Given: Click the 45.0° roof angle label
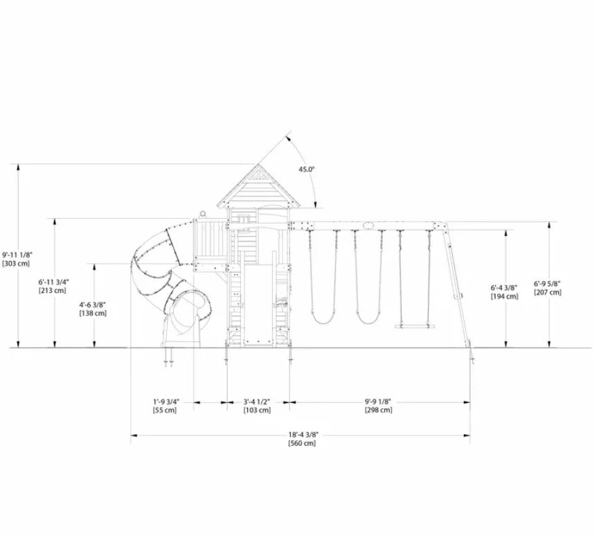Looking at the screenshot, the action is (x=307, y=170).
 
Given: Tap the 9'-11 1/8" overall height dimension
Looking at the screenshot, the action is (x=16, y=255).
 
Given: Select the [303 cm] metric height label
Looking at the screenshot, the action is (x=16, y=264).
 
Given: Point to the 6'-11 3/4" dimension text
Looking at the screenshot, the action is (x=53, y=282).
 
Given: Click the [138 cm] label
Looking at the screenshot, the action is (x=93, y=314).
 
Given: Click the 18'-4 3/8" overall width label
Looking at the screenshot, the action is (x=302, y=435).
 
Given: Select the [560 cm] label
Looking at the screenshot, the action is (x=302, y=443).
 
